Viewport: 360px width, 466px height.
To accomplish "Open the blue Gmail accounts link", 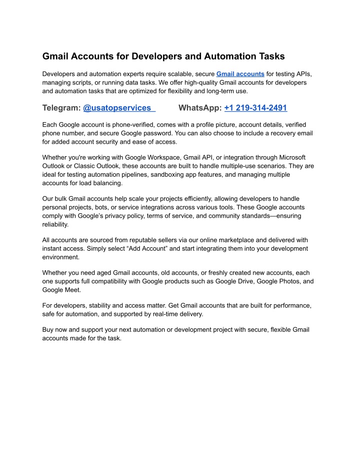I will coord(240,74).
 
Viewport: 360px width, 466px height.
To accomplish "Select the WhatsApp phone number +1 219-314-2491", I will coord(255,108).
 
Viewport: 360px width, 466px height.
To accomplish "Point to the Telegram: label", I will coord(61,108).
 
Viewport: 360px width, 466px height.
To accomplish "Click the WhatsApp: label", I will coord(200,108).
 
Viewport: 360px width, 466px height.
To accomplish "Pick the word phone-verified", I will coord(125,124).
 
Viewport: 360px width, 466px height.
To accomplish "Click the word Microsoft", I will coord(297,157).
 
